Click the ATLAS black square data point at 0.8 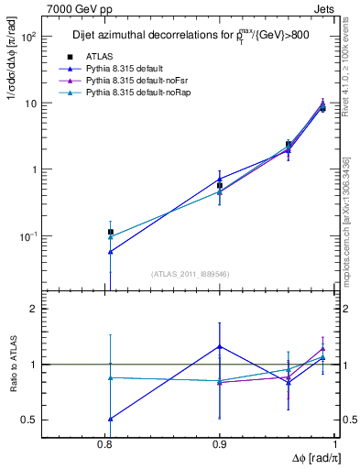[111, 233]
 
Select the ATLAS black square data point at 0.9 [220, 185]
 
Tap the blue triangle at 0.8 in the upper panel [111, 251]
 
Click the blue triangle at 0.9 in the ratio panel [220, 346]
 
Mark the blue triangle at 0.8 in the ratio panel [111, 419]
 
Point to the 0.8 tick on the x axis [110, 444]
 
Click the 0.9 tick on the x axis [220, 444]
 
